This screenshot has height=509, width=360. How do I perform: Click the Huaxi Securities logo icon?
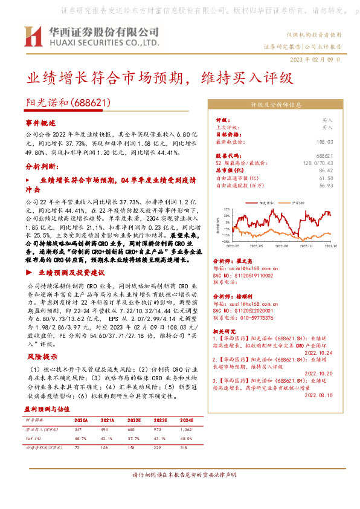32,37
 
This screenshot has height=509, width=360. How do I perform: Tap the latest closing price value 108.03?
324,142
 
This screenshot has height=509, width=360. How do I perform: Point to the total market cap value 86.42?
326,171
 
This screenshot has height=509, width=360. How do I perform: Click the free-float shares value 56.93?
327,186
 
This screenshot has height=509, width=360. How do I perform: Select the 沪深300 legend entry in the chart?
297,202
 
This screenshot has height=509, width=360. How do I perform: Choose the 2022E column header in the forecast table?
133,419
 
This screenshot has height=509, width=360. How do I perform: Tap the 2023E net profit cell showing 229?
160,447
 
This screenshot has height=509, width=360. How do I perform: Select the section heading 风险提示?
37,357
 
